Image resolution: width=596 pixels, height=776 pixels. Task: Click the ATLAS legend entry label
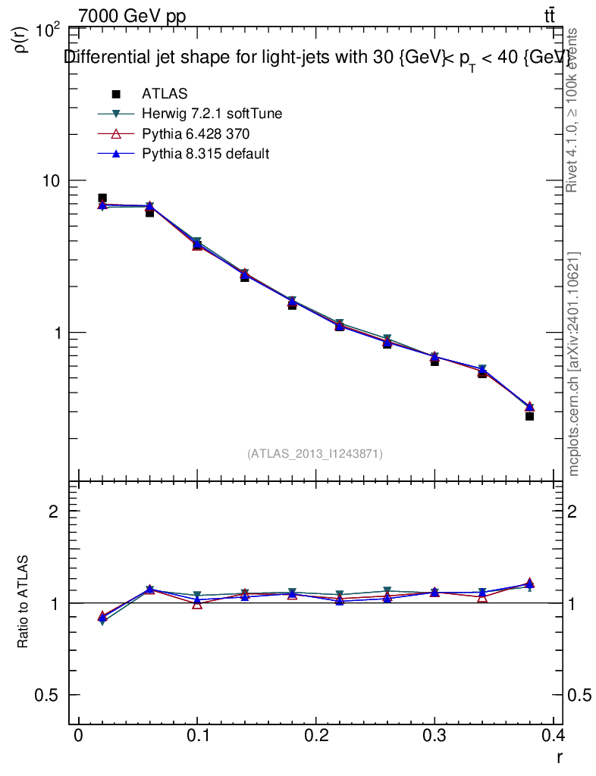click(x=165, y=94)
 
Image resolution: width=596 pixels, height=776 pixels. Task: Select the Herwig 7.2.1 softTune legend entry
click(x=212, y=114)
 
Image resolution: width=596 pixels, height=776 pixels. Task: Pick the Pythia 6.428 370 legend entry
click(x=196, y=133)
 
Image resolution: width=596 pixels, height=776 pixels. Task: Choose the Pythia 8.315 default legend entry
click(x=205, y=153)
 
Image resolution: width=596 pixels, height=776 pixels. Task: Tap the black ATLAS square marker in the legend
click(x=117, y=94)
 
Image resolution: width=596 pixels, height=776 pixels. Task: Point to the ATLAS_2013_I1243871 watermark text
click(x=315, y=454)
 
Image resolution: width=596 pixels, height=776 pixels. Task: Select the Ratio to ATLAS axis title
click(x=24, y=602)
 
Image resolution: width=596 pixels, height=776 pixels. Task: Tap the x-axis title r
click(x=559, y=756)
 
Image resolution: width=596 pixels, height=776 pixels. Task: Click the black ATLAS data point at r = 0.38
click(x=529, y=416)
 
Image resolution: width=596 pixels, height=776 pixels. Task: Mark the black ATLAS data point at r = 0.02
click(x=102, y=199)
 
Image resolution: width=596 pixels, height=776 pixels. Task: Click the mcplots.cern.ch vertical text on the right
click(x=574, y=364)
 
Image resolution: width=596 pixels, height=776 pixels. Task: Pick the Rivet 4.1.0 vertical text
click(x=574, y=110)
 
